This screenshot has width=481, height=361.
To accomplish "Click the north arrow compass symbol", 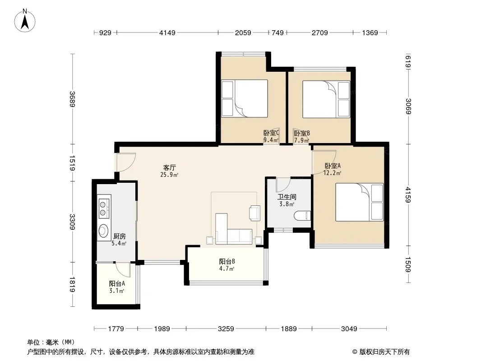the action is [x=25, y=20].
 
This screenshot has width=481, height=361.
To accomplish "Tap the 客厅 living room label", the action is [x=169, y=167].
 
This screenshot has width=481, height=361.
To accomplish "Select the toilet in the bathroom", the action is [x=302, y=216].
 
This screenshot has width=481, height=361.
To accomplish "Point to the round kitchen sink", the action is [x=103, y=231].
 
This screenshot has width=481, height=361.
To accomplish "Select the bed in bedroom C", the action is [x=245, y=98].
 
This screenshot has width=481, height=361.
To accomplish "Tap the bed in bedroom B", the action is [x=326, y=99].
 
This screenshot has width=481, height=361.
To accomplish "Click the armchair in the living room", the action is [x=255, y=213].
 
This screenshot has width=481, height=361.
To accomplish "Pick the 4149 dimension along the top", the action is [x=167, y=32].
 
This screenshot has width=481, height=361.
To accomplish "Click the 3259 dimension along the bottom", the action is [x=226, y=329].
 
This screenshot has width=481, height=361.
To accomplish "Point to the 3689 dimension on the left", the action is [x=72, y=99].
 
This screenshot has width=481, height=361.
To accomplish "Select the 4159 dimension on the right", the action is [x=408, y=195].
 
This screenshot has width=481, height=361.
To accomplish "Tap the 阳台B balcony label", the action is [x=227, y=261].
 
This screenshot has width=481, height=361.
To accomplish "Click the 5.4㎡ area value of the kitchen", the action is [x=119, y=244].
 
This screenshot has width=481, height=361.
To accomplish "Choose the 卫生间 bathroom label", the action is [x=287, y=197].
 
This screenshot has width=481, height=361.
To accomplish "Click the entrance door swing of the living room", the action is [x=126, y=162].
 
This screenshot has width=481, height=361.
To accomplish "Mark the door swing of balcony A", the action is [x=123, y=270].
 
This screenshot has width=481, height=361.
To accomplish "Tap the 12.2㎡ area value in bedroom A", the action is [x=332, y=173].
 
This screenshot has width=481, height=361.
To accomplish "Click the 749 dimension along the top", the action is [x=277, y=32].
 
